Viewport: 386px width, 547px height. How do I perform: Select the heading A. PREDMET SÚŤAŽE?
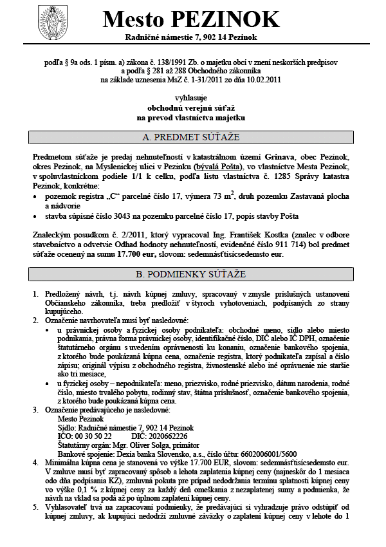[190, 138]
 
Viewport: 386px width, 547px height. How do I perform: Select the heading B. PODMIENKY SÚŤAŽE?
[190, 274]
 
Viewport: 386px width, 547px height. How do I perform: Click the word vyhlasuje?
[190, 96]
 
